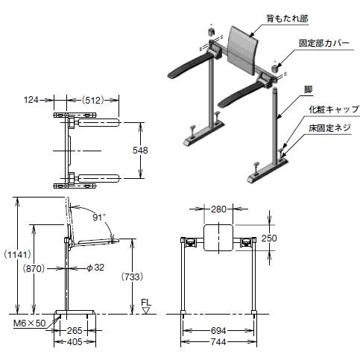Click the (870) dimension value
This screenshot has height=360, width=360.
tap(34, 268)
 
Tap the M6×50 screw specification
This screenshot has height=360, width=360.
tap(29, 323)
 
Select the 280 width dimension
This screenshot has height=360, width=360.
tap(218, 209)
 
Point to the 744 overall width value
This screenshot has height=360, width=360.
tap(218, 342)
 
